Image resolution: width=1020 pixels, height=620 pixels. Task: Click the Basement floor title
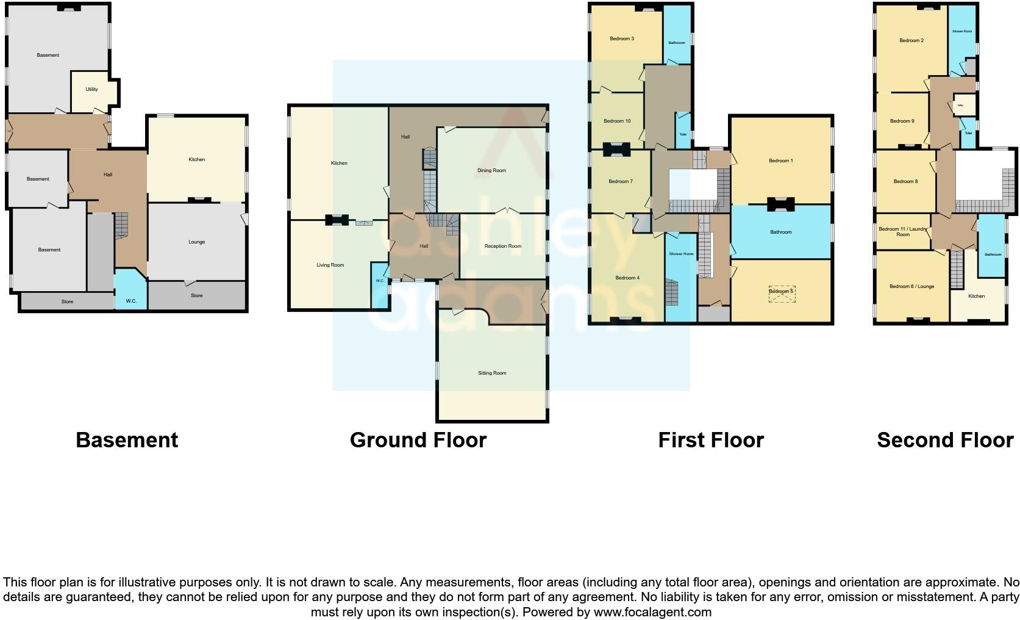pyautogui.click(x=127, y=440)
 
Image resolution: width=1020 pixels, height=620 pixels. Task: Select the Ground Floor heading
pyautogui.click(x=418, y=440)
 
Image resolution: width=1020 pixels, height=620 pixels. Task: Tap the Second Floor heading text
pyautogui.click(x=945, y=440)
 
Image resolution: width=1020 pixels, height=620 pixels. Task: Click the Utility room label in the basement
pyautogui.click(x=91, y=89)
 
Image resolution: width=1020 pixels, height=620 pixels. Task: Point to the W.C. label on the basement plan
pyautogui.click(x=131, y=301)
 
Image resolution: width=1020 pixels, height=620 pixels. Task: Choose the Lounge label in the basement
pyautogui.click(x=196, y=242)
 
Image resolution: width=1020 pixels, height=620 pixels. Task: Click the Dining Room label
pyautogui.click(x=491, y=171)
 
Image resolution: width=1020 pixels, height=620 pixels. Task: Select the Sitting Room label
pyautogui.click(x=492, y=373)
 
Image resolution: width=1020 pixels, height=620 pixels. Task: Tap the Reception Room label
pyautogui.click(x=503, y=246)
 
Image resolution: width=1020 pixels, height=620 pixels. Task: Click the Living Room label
pyautogui.click(x=330, y=265)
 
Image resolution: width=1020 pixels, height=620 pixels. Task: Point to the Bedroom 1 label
pyautogui.click(x=780, y=160)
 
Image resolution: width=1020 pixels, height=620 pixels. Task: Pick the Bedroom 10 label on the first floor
pyautogui.click(x=617, y=121)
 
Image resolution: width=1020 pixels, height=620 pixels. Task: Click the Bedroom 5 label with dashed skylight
pyautogui.click(x=780, y=292)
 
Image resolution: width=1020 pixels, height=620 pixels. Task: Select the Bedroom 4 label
pyautogui.click(x=627, y=278)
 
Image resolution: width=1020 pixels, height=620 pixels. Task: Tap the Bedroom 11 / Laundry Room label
pyautogui.click(x=903, y=232)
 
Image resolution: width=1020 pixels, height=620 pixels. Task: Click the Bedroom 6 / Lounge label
pyautogui.click(x=911, y=286)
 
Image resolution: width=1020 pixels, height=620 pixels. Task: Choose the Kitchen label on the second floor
pyautogui.click(x=976, y=296)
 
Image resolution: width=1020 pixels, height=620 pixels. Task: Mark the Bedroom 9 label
pyautogui.click(x=902, y=121)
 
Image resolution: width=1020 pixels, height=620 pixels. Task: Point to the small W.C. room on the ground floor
pyautogui.click(x=380, y=281)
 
